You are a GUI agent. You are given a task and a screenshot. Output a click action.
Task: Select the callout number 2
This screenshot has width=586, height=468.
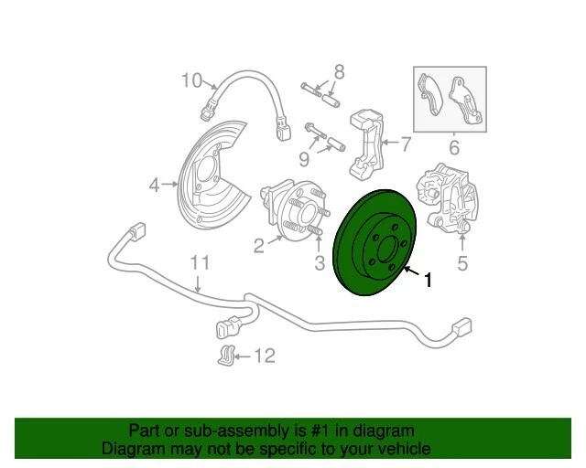coord(259,244)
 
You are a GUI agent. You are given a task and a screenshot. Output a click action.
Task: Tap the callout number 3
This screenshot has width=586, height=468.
coord(320,265)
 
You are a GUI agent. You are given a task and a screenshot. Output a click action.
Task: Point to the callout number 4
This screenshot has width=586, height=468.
coord(155,186)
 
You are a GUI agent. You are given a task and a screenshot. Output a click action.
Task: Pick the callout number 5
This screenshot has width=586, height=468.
coord(462,265)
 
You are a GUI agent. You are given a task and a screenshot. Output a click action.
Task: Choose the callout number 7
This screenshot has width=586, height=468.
coord(406,144)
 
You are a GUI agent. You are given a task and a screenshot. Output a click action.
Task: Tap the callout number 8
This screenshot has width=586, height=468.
coord(338,71)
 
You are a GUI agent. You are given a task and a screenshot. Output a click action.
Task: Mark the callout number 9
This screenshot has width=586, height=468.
coord(304,161)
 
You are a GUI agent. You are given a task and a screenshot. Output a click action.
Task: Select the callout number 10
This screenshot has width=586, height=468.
coord(190,80)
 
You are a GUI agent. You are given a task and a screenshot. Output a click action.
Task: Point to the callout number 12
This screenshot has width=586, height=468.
coord(264,356)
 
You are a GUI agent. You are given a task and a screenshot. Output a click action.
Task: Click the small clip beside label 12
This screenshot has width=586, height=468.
coord(224,356)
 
